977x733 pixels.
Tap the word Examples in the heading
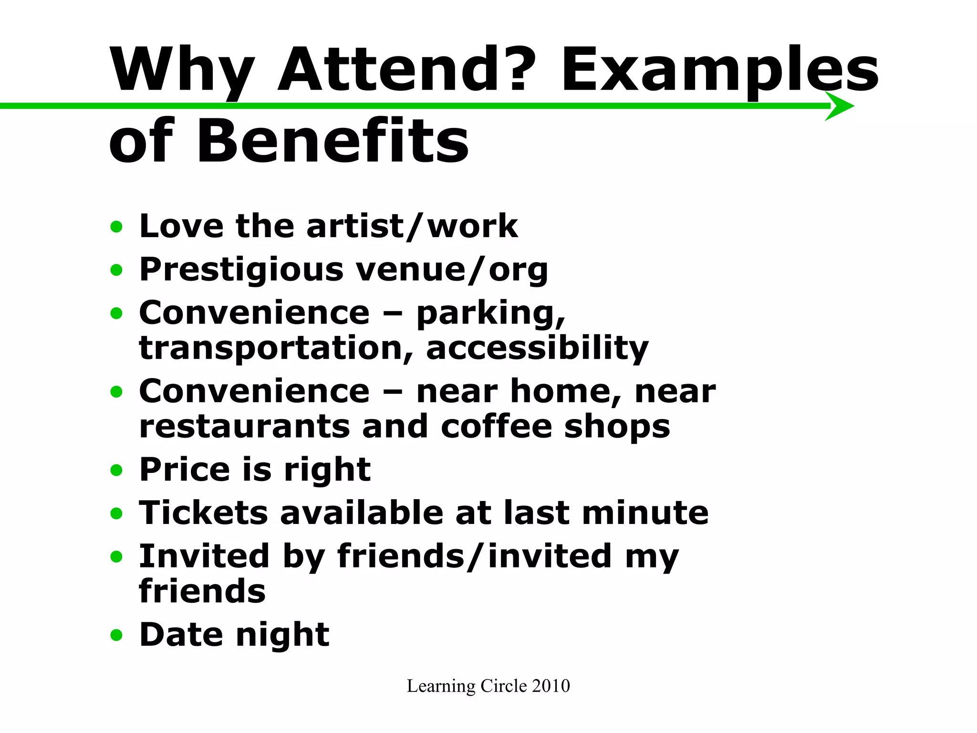(719, 69)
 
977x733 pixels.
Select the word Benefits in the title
(333, 141)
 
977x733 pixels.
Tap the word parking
(490, 314)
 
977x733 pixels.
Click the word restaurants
(245, 426)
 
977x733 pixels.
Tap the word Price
(185, 470)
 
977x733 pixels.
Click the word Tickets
(203, 513)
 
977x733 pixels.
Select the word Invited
(204, 556)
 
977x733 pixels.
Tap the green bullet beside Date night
(116, 636)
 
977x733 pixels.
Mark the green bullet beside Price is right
(116, 471)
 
